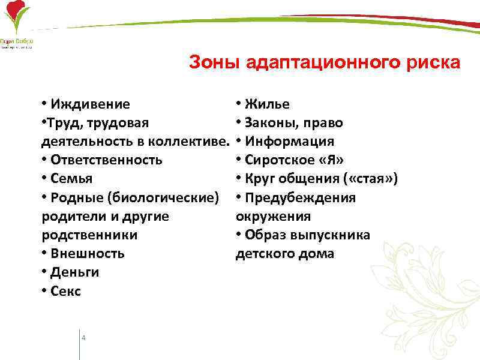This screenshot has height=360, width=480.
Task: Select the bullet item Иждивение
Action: [90, 104]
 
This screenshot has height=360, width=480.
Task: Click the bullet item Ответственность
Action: [106, 160]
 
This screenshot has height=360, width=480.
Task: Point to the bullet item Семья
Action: [72, 179]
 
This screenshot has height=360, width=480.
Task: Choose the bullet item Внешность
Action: [88, 253]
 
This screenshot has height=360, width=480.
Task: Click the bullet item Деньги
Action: [75, 272]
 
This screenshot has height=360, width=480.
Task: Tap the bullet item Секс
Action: [65, 292]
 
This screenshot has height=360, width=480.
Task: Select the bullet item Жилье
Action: [267, 104]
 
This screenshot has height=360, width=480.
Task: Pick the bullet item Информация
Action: [289, 142]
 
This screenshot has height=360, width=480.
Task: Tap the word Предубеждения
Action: [300, 198]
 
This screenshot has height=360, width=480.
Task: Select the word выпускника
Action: [331, 235]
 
